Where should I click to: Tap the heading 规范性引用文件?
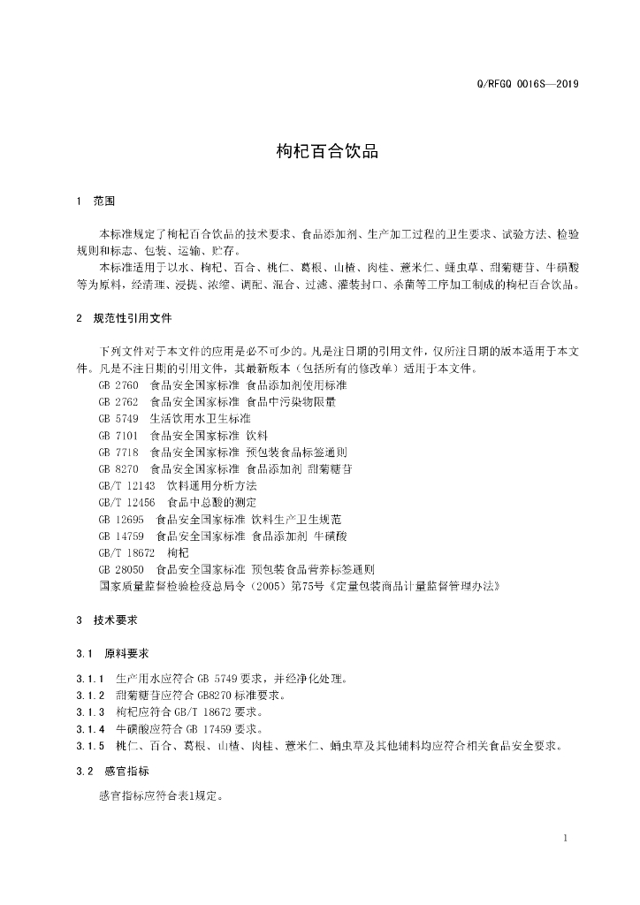[x=133, y=317]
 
